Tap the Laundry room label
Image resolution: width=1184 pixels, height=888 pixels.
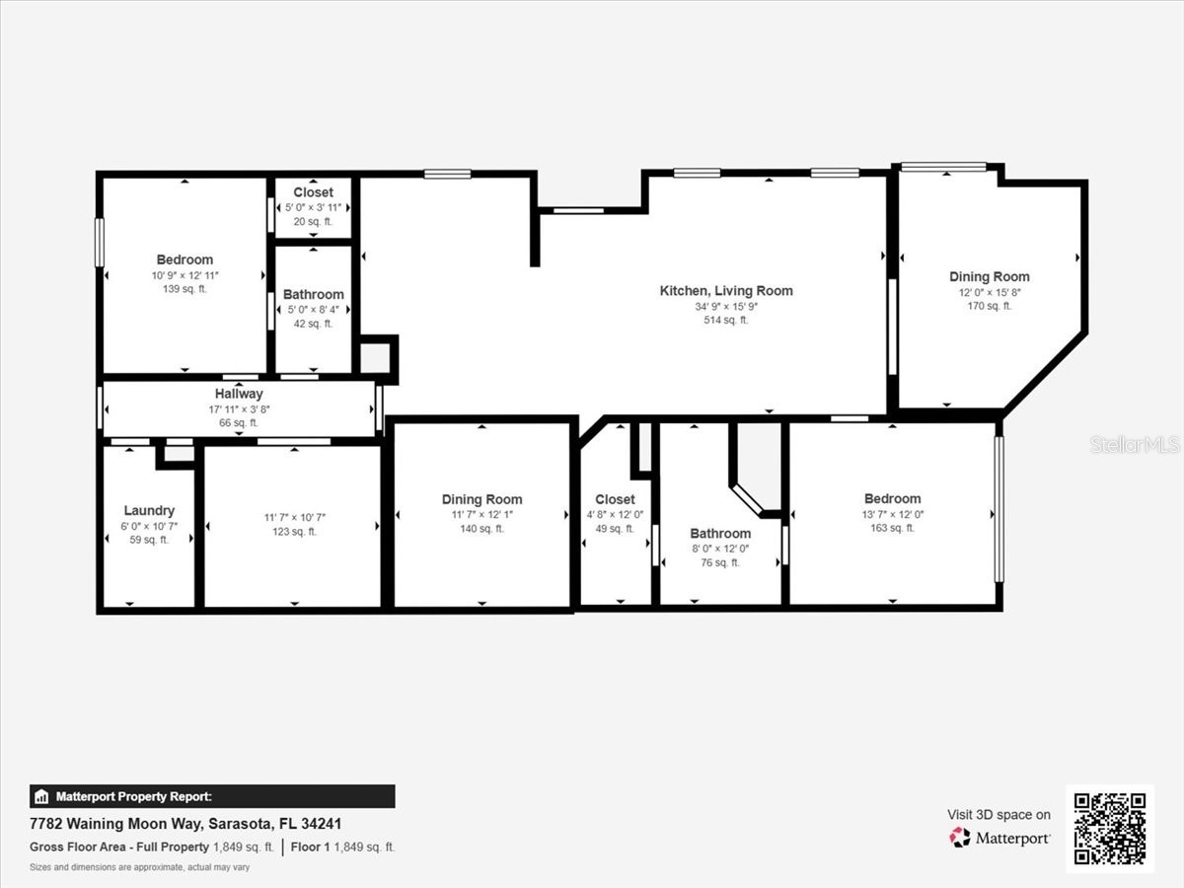[x=149, y=510]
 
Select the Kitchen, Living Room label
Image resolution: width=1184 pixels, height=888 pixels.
[x=725, y=290]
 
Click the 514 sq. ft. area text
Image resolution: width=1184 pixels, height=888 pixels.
[x=725, y=320]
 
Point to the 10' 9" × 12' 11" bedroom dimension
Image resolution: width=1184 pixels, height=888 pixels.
[x=185, y=274]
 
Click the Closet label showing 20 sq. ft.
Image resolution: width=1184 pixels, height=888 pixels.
[x=313, y=192]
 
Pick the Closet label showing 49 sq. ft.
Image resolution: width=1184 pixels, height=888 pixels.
[x=615, y=499]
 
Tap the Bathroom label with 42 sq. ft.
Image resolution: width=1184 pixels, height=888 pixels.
[x=313, y=294]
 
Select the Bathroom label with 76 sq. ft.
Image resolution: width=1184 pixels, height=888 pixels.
[x=719, y=533]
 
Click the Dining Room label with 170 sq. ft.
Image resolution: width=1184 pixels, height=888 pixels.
[x=989, y=276]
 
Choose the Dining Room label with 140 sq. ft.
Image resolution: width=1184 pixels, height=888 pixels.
[x=481, y=499]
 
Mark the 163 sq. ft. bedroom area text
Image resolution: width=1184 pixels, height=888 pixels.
[x=892, y=528]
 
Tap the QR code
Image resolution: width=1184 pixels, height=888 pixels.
[x=1110, y=829]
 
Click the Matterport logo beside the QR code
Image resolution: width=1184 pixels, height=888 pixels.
[x=999, y=838]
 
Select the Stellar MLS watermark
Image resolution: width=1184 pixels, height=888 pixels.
[x=1134, y=445]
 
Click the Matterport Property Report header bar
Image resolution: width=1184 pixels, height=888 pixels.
[x=212, y=796]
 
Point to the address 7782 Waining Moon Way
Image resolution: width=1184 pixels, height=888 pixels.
[x=186, y=824]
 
